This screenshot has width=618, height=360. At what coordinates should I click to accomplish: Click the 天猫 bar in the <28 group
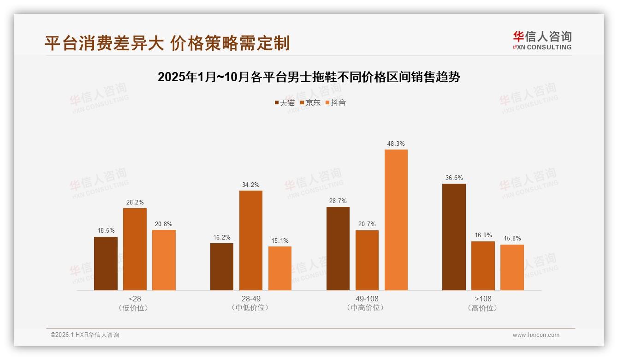106,264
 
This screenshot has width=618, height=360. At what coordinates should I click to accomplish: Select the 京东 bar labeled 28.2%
135,249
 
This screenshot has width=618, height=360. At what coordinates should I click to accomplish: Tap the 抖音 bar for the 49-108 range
396,220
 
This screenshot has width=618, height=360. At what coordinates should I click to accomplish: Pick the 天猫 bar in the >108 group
454,237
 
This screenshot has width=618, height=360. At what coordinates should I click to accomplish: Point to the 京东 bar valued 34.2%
251,240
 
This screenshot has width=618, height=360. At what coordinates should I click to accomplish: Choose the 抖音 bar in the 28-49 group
280,268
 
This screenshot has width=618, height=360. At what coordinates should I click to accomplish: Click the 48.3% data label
396,144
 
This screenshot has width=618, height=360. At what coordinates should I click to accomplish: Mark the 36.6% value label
454,178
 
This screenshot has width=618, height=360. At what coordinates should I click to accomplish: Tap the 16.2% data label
222,238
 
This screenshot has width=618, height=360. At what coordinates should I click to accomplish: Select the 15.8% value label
512,239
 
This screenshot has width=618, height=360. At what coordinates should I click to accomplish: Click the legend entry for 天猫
285,103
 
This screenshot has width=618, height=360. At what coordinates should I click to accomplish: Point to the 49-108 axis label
367,299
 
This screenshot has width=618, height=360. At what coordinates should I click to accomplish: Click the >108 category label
483,299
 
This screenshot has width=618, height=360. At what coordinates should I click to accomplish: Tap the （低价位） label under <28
135,308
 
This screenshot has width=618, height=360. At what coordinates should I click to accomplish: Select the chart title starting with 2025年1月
309,77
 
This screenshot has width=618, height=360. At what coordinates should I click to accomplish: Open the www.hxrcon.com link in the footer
536,335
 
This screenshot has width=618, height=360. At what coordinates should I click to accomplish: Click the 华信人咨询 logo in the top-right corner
542,40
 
